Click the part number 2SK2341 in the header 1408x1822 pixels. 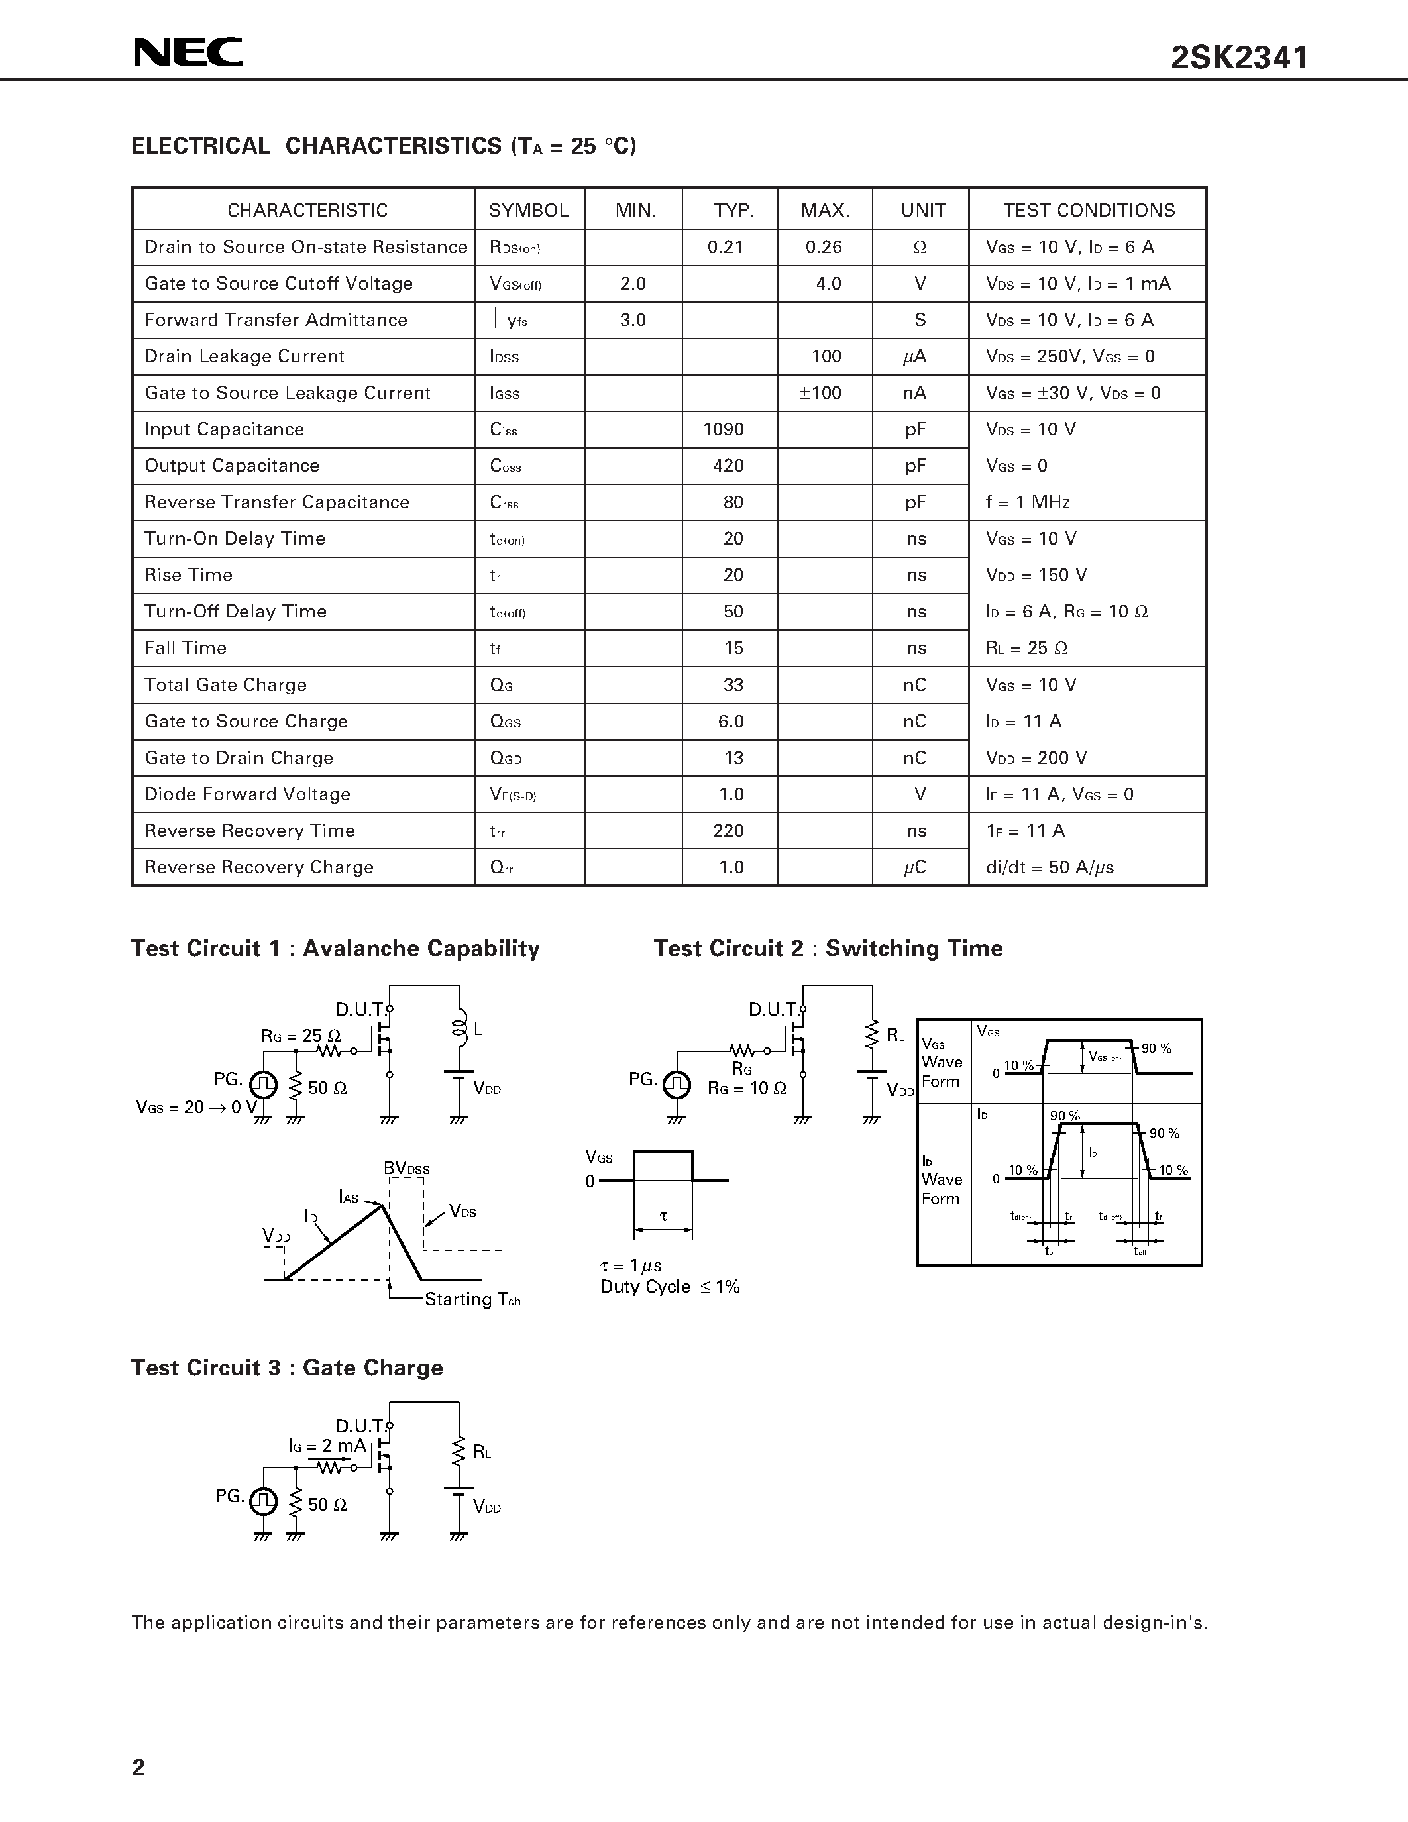(1240, 58)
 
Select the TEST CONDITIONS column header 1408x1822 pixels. (1089, 210)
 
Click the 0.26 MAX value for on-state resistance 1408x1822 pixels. (824, 247)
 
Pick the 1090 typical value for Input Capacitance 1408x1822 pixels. (723, 429)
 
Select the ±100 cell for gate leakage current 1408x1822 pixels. (820, 393)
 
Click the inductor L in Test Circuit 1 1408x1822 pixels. (459, 1030)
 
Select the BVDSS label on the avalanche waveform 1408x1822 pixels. (406, 1168)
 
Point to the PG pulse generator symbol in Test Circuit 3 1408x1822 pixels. (264, 1501)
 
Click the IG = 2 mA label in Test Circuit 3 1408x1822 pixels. (327, 1445)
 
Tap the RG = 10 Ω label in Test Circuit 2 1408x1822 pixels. (747, 1088)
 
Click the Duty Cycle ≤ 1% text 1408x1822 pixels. (670, 1287)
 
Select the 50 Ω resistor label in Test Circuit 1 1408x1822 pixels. (327, 1088)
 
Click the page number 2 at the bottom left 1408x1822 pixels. (138, 1766)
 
